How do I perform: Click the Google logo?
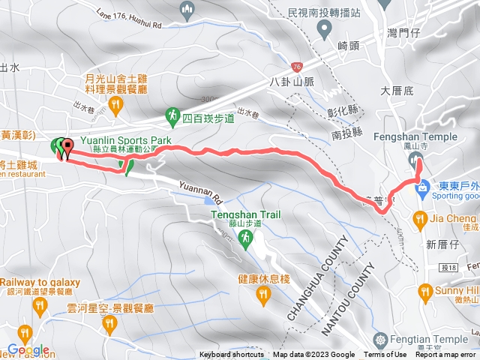[x=28, y=349]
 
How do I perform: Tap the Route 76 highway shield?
[x=297, y=67]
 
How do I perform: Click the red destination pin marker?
[x=66, y=148]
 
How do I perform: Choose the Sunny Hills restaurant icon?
[x=424, y=290]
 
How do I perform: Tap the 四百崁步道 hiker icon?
[x=172, y=115]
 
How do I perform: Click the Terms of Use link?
[x=385, y=355]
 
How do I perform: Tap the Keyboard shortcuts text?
[x=232, y=355]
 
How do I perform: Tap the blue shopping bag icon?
[x=424, y=184]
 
